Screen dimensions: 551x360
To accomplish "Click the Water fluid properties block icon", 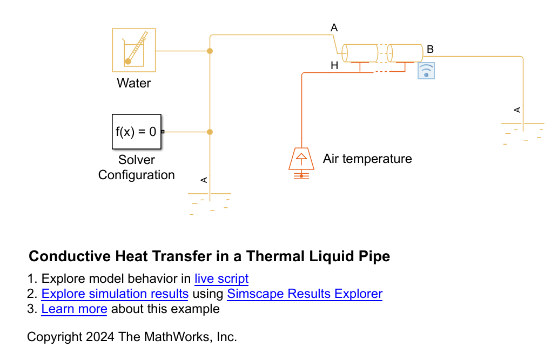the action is pyautogui.click(x=134, y=50).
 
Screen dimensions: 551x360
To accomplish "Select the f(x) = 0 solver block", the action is pyautogui.click(x=137, y=132).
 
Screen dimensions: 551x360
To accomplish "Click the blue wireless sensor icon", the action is pyautogui.click(x=426, y=71).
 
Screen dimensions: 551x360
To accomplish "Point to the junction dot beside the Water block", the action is pyautogui.click(x=210, y=51).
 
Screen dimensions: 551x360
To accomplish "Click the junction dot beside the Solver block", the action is pyautogui.click(x=210, y=132).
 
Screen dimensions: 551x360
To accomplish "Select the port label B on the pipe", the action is pyautogui.click(x=430, y=50).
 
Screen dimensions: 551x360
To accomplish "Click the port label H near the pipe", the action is pyautogui.click(x=334, y=66).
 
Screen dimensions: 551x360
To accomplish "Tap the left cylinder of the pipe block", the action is pyautogui.click(x=360, y=53).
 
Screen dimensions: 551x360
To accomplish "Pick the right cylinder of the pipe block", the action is pyautogui.click(x=405, y=53).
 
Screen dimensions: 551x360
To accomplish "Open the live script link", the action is pyautogui.click(x=221, y=279).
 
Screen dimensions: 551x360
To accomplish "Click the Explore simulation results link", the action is pyautogui.click(x=115, y=294).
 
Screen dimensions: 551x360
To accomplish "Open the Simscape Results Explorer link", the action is pyautogui.click(x=305, y=294).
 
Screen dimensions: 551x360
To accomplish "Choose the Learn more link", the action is pyautogui.click(x=74, y=309).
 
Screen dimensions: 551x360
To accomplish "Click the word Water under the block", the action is pyautogui.click(x=133, y=83).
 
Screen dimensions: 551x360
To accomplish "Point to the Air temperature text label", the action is pyautogui.click(x=367, y=159).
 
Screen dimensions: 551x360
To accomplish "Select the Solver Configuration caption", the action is pyautogui.click(x=136, y=167).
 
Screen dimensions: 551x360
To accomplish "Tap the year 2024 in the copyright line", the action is pyautogui.click(x=100, y=337).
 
